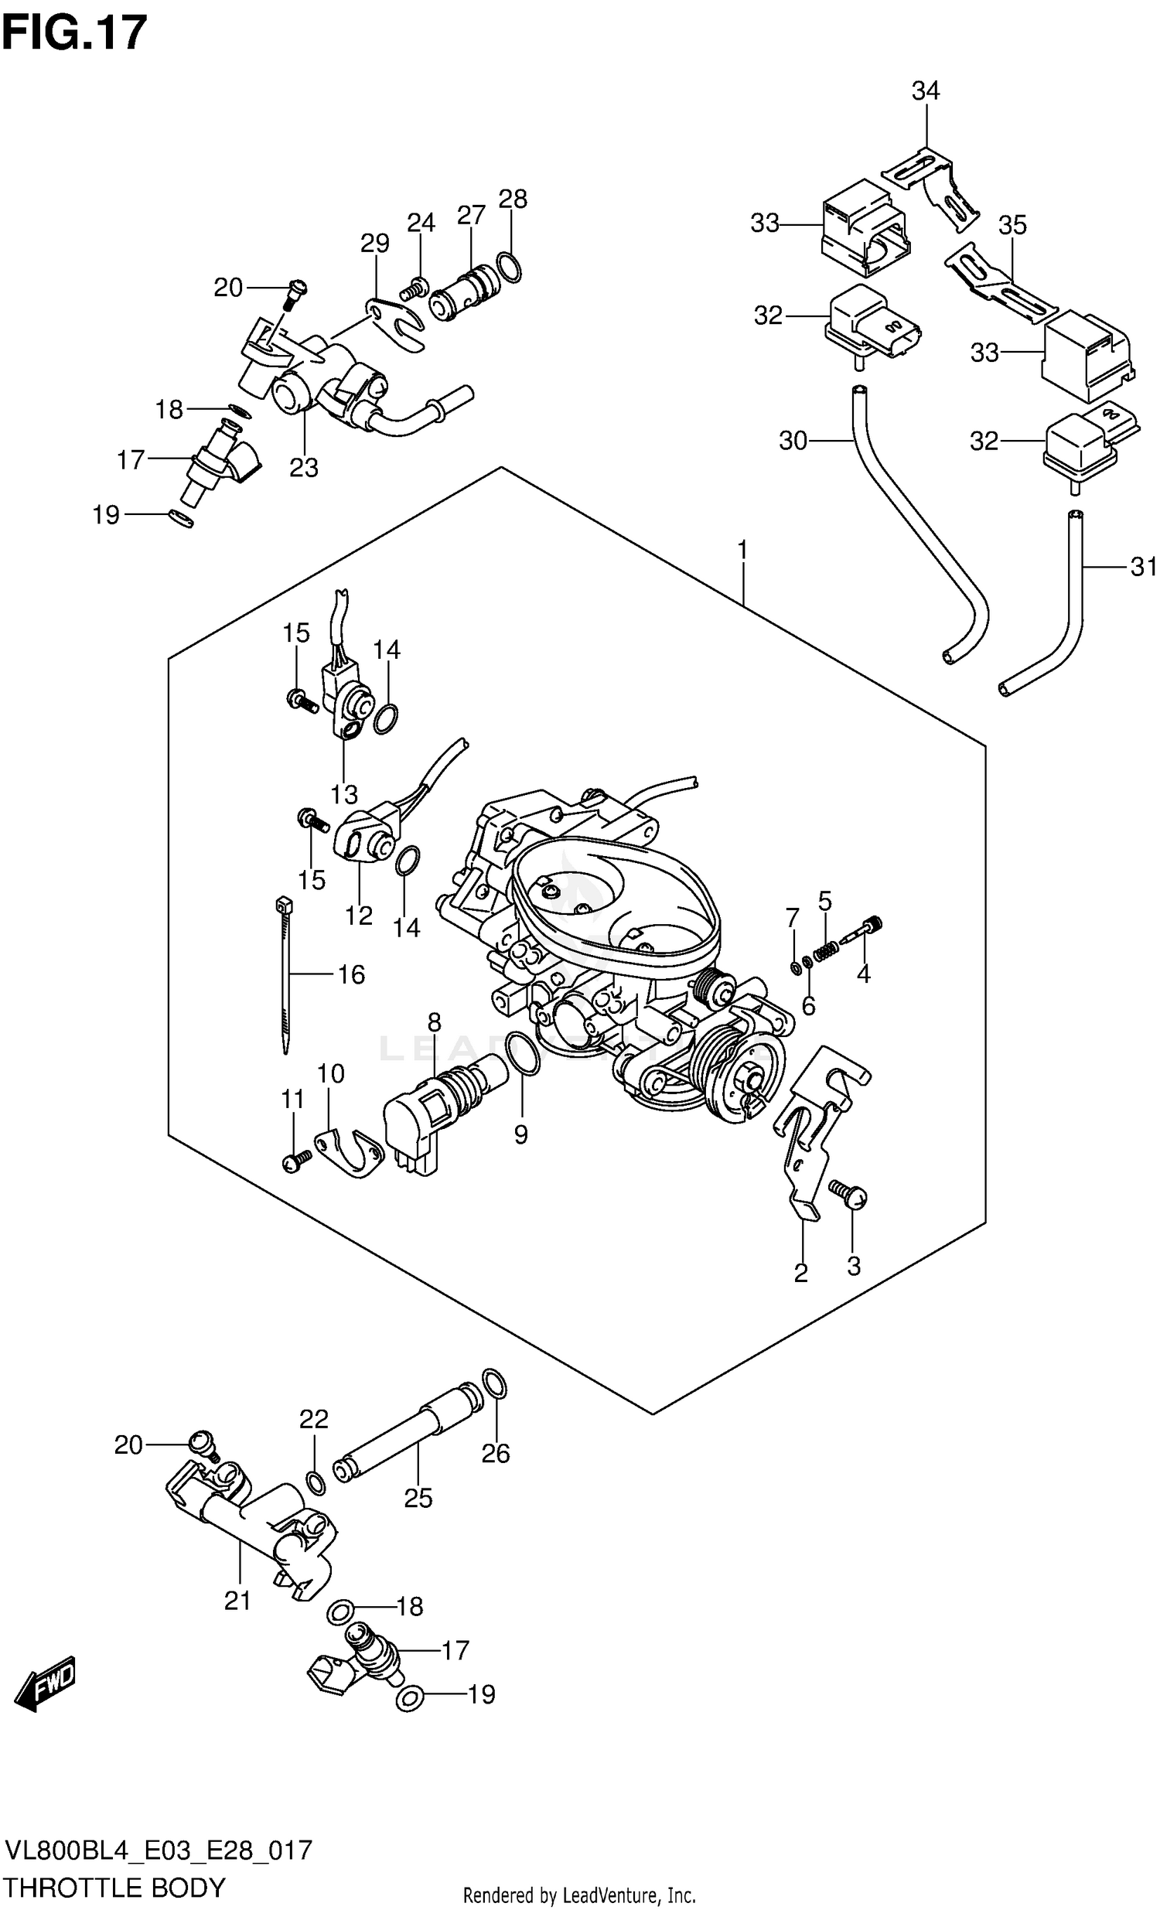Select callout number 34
[x=925, y=91]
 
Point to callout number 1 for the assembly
[x=742, y=551]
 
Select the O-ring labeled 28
[x=509, y=267]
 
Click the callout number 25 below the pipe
[x=418, y=1498]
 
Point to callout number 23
[x=304, y=467]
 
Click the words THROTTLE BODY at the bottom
[x=114, y=1886]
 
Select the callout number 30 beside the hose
[x=793, y=441]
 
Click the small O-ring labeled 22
[x=316, y=1482]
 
